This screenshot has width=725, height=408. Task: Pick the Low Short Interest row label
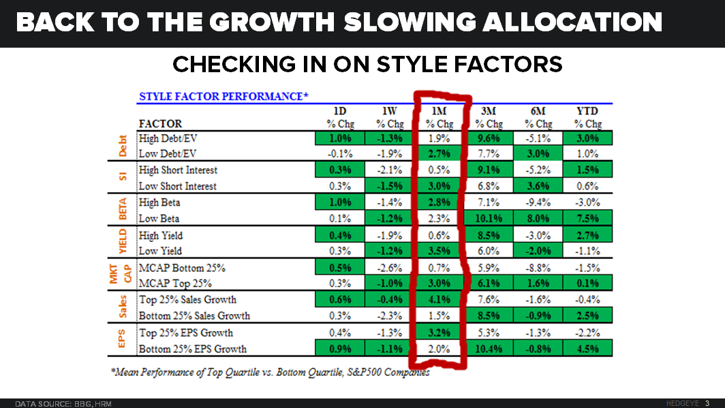178,187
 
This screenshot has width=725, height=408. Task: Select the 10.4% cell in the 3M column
489,349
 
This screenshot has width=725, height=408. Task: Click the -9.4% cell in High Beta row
538,203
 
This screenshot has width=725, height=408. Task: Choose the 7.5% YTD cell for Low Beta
587,219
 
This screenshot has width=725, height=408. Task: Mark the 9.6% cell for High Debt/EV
489,138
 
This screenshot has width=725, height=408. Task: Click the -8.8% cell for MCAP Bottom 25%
538,268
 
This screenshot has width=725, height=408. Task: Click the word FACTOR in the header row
160,124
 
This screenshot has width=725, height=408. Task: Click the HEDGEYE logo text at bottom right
683,403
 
